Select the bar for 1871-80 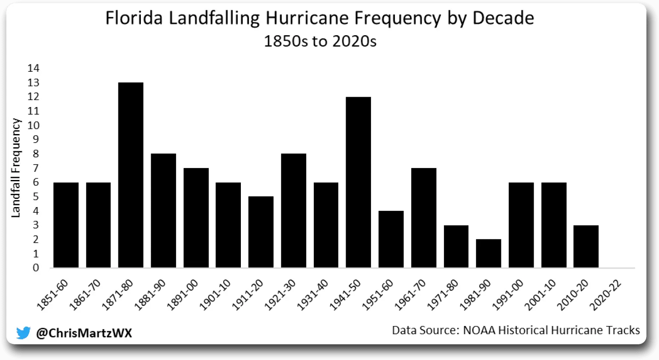tap(131, 175)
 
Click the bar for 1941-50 tap(358, 182)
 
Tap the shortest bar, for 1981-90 tap(489, 253)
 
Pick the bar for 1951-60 tap(391, 239)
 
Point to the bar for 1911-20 tap(261, 232)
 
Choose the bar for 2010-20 tap(586, 246)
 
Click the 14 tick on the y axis tap(33, 68)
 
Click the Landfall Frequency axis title tap(16, 168)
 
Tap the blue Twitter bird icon tap(24, 333)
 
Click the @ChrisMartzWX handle tap(84, 333)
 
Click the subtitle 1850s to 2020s tap(320, 41)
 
